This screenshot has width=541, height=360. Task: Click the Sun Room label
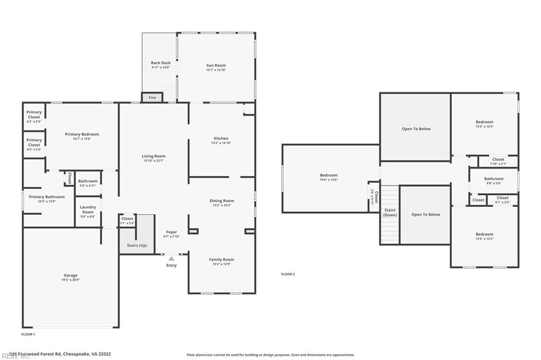coord(216,66)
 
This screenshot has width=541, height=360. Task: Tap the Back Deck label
coord(161,63)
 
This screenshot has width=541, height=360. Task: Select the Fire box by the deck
coord(152,98)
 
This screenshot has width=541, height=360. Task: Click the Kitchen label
coord(221,138)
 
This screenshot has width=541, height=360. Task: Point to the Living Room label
coord(153,156)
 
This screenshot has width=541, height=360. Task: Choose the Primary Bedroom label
coord(82,135)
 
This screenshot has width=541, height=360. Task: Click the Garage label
coord(71,276)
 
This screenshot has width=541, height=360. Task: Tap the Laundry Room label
coord(88,210)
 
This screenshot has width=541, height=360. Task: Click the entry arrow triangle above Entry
coord(171,259)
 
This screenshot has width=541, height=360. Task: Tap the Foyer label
coord(172,232)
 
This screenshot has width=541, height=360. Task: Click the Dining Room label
coord(222,201)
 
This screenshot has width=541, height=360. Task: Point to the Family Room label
coord(221,260)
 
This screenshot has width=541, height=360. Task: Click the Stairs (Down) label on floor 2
coord(390,213)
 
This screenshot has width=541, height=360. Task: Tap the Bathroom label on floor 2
coord(493,179)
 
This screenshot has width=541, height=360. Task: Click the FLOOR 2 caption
coord(288,274)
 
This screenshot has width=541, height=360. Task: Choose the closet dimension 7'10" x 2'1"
coord(498,164)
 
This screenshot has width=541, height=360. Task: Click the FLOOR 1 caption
coord(28,334)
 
